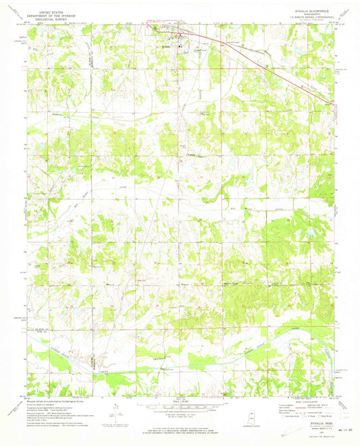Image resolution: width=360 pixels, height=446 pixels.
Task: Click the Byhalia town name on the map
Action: pyautogui.click(x=166, y=47)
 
